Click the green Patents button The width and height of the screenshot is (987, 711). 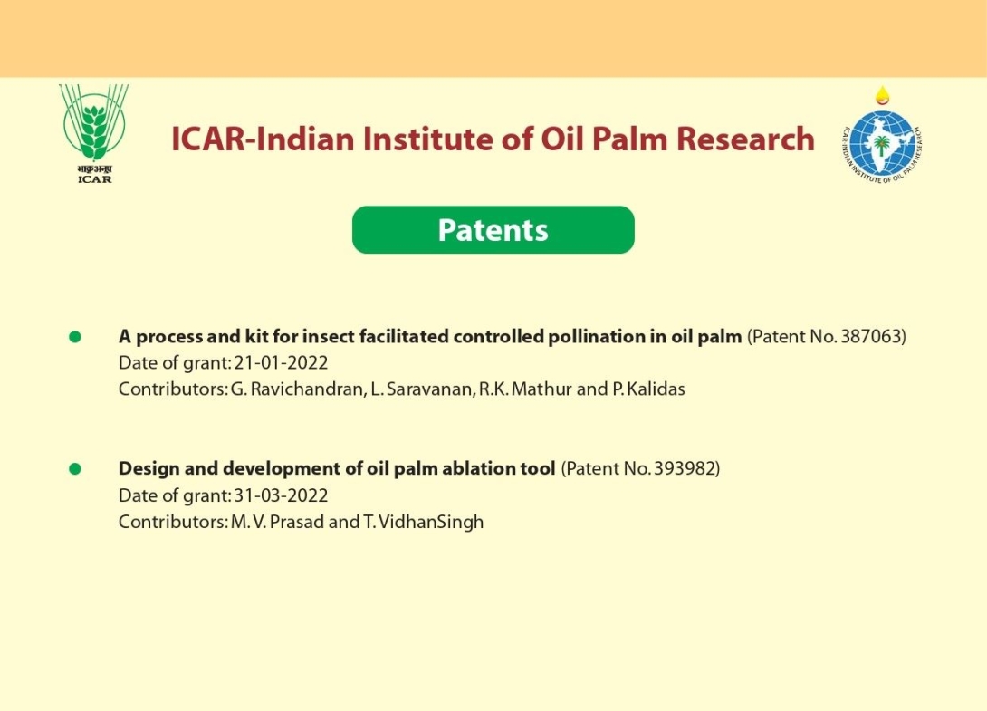493,230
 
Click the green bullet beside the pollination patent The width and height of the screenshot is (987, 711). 75,337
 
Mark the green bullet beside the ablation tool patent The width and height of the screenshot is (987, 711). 75,469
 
